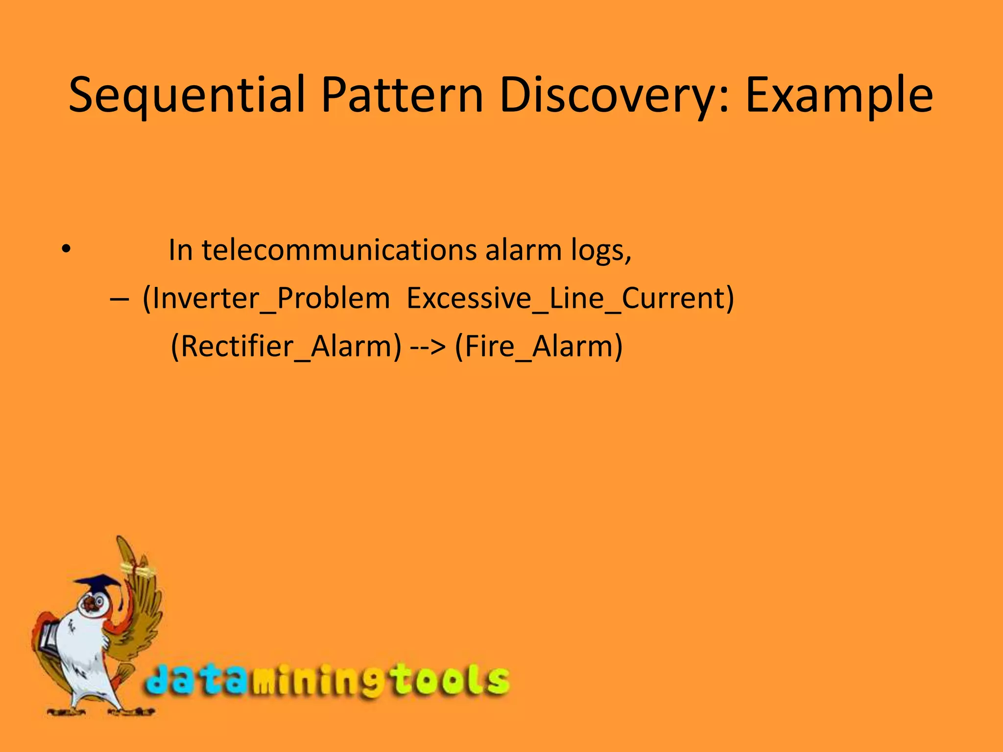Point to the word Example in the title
click(x=838, y=95)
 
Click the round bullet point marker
click(x=66, y=249)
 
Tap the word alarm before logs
click(x=523, y=250)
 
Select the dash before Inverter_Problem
click(x=120, y=298)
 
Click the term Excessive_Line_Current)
click(x=570, y=298)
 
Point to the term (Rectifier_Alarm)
click(x=286, y=346)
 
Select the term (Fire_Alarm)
click(x=539, y=346)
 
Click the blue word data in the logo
click(x=196, y=680)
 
